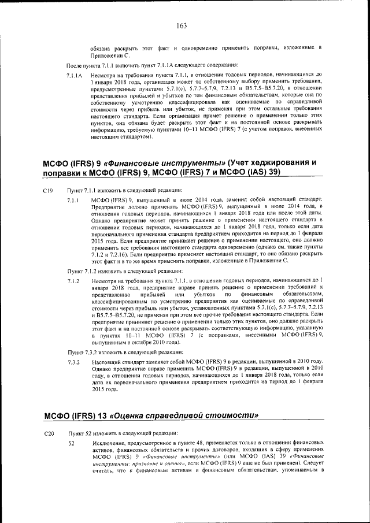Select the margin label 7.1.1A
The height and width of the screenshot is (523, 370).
[75, 76]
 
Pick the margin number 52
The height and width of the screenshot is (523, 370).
[72, 443]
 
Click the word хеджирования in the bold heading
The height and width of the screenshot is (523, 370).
[271, 162]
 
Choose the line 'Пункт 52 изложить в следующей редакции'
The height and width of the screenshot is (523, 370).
[121, 433]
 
